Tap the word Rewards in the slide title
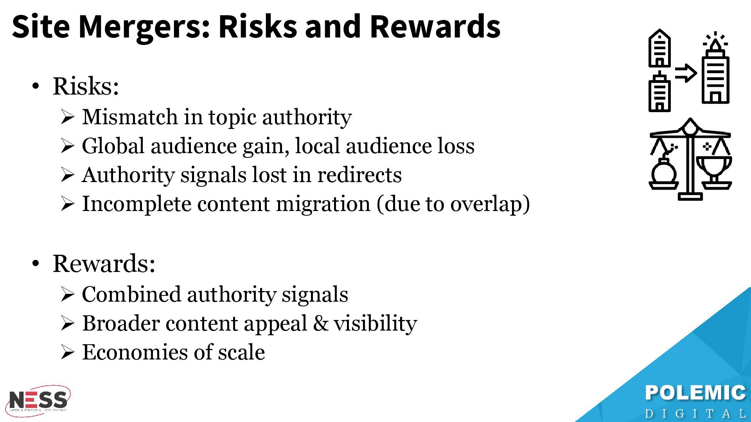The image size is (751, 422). pyautogui.click(x=435, y=26)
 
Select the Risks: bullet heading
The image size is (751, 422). pyautogui.click(x=86, y=86)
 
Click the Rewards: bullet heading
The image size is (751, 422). pyautogui.click(x=104, y=263)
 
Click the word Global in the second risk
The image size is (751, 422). pyautogui.click(x=113, y=146)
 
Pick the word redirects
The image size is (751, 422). pyautogui.click(x=359, y=175)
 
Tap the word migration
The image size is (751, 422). pyautogui.click(x=323, y=204)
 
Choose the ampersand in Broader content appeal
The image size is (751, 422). pyautogui.click(x=320, y=324)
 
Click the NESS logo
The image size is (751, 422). pyautogui.click(x=38, y=401)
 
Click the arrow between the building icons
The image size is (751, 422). pyautogui.click(x=686, y=73)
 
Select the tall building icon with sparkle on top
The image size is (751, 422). pyautogui.click(x=715, y=68)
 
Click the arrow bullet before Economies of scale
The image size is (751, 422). pyautogui.click(x=67, y=352)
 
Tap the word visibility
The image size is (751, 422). pyautogui.click(x=375, y=324)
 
